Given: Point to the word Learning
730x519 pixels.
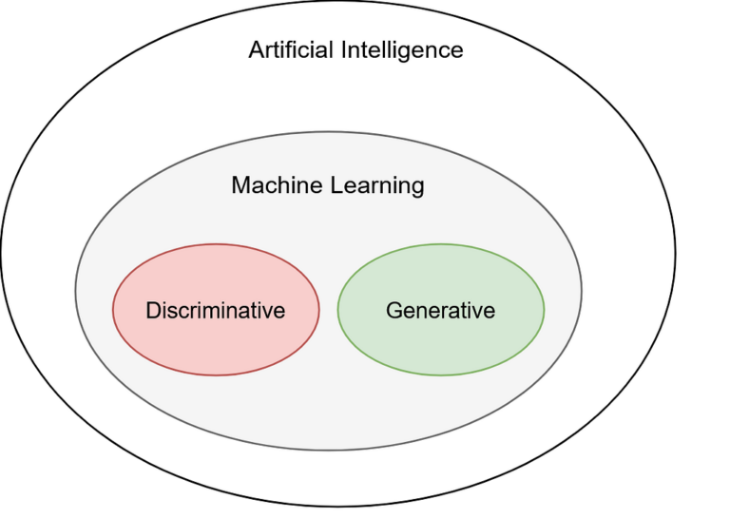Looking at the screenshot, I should [376, 186].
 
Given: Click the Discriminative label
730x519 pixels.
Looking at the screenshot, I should [215, 310].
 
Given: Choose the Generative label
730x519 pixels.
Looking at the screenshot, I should [440, 310].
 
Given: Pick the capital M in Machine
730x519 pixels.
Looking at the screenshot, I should [240, 185].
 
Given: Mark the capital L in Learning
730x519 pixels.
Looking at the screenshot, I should [335, 185].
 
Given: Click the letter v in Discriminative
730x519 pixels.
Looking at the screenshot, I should [267, 311].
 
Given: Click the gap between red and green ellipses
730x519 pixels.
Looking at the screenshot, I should [329, 310].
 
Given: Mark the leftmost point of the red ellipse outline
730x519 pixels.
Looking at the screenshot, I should [113, 310].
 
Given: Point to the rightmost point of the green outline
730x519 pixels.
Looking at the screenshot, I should [545, 310].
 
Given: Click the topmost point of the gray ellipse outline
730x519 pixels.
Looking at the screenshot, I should [329, 132].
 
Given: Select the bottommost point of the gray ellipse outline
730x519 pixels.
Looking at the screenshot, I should [329, 450].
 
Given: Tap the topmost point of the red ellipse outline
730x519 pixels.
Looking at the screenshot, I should [216, 245].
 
